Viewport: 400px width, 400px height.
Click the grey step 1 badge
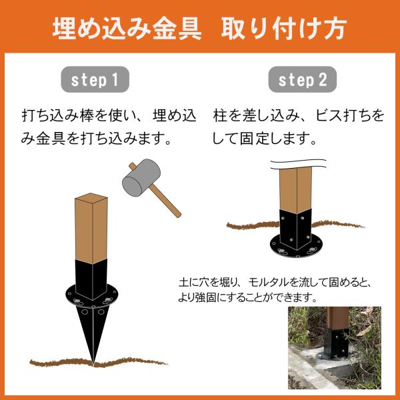[95, 79]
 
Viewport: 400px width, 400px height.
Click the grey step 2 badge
[302, 79]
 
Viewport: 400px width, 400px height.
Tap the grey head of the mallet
[141, 178]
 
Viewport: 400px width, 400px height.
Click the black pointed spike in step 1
[93, 331]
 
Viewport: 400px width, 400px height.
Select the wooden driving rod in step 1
[91, 228]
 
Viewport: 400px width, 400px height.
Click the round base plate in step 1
[92, 296]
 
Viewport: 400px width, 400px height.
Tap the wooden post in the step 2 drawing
[295, 190]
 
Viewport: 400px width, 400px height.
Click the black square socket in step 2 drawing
[295, 229]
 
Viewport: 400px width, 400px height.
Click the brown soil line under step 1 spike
[98, 362]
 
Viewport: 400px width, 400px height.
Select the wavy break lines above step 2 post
[298, 164]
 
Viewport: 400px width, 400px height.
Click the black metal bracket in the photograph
[336, 343]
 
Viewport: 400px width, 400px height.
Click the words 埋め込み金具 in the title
[127, 28]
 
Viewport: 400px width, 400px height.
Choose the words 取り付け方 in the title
[284, 28]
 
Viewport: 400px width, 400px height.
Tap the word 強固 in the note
[205, 297]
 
